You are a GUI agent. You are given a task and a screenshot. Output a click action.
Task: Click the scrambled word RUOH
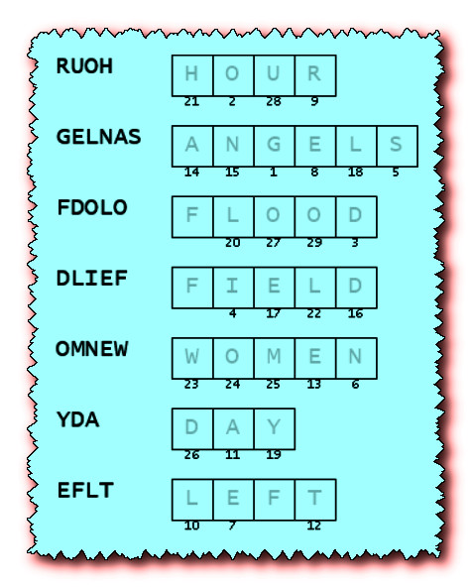pyautogui.click(x=84, y=66)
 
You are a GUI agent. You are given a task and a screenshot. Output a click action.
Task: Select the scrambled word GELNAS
pyautogui.click(x=99, y=137)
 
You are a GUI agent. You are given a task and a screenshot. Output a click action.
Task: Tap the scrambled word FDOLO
pyautogui.click(x=92, y=207)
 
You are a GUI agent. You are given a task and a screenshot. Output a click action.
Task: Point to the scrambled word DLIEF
pyautogui.click(x=92, y=279)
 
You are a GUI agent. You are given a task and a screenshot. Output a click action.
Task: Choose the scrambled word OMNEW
pyautogui.click(x=91, y=349)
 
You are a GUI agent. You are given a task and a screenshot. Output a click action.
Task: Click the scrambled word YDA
pyautogui.click(x=78, y=419)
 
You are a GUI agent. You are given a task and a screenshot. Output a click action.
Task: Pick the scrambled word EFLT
pyautogui.click(x=85, y=491)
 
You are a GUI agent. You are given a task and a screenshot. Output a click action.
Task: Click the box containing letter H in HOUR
pyautogui.click(x=192, y=75)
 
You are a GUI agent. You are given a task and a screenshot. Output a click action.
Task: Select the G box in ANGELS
pyautogui.click(x=275, y=146)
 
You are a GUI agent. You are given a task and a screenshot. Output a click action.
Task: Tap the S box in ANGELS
pyautogui.click(x=398, y=146)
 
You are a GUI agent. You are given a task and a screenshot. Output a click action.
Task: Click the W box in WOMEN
pyautogui.click(x=192, y=358)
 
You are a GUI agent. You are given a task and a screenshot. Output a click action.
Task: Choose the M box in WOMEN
pyautogui.click(x=275, y=358)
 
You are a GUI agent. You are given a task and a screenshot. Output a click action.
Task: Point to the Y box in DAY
pyautogui.click(x=275, y=429)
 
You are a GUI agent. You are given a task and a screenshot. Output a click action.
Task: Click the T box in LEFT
pyautogui.click(x=315, y=500)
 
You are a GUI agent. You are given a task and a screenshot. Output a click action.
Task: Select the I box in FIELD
pyautogui.click(x=234, y=288)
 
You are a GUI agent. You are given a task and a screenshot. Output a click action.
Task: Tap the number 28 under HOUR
pyautogui.click(x=274, y=102)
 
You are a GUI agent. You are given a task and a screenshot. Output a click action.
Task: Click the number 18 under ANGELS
pyautogui.click(x=355, y=173)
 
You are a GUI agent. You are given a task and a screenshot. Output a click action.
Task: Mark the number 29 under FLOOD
pyautogui.click(x=314, y=243)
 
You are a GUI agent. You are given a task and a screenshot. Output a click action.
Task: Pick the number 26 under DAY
pyautogui.click(x=191, y=455)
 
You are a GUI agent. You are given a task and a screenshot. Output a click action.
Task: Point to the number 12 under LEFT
pyautogui.click(x=314, y=526)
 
